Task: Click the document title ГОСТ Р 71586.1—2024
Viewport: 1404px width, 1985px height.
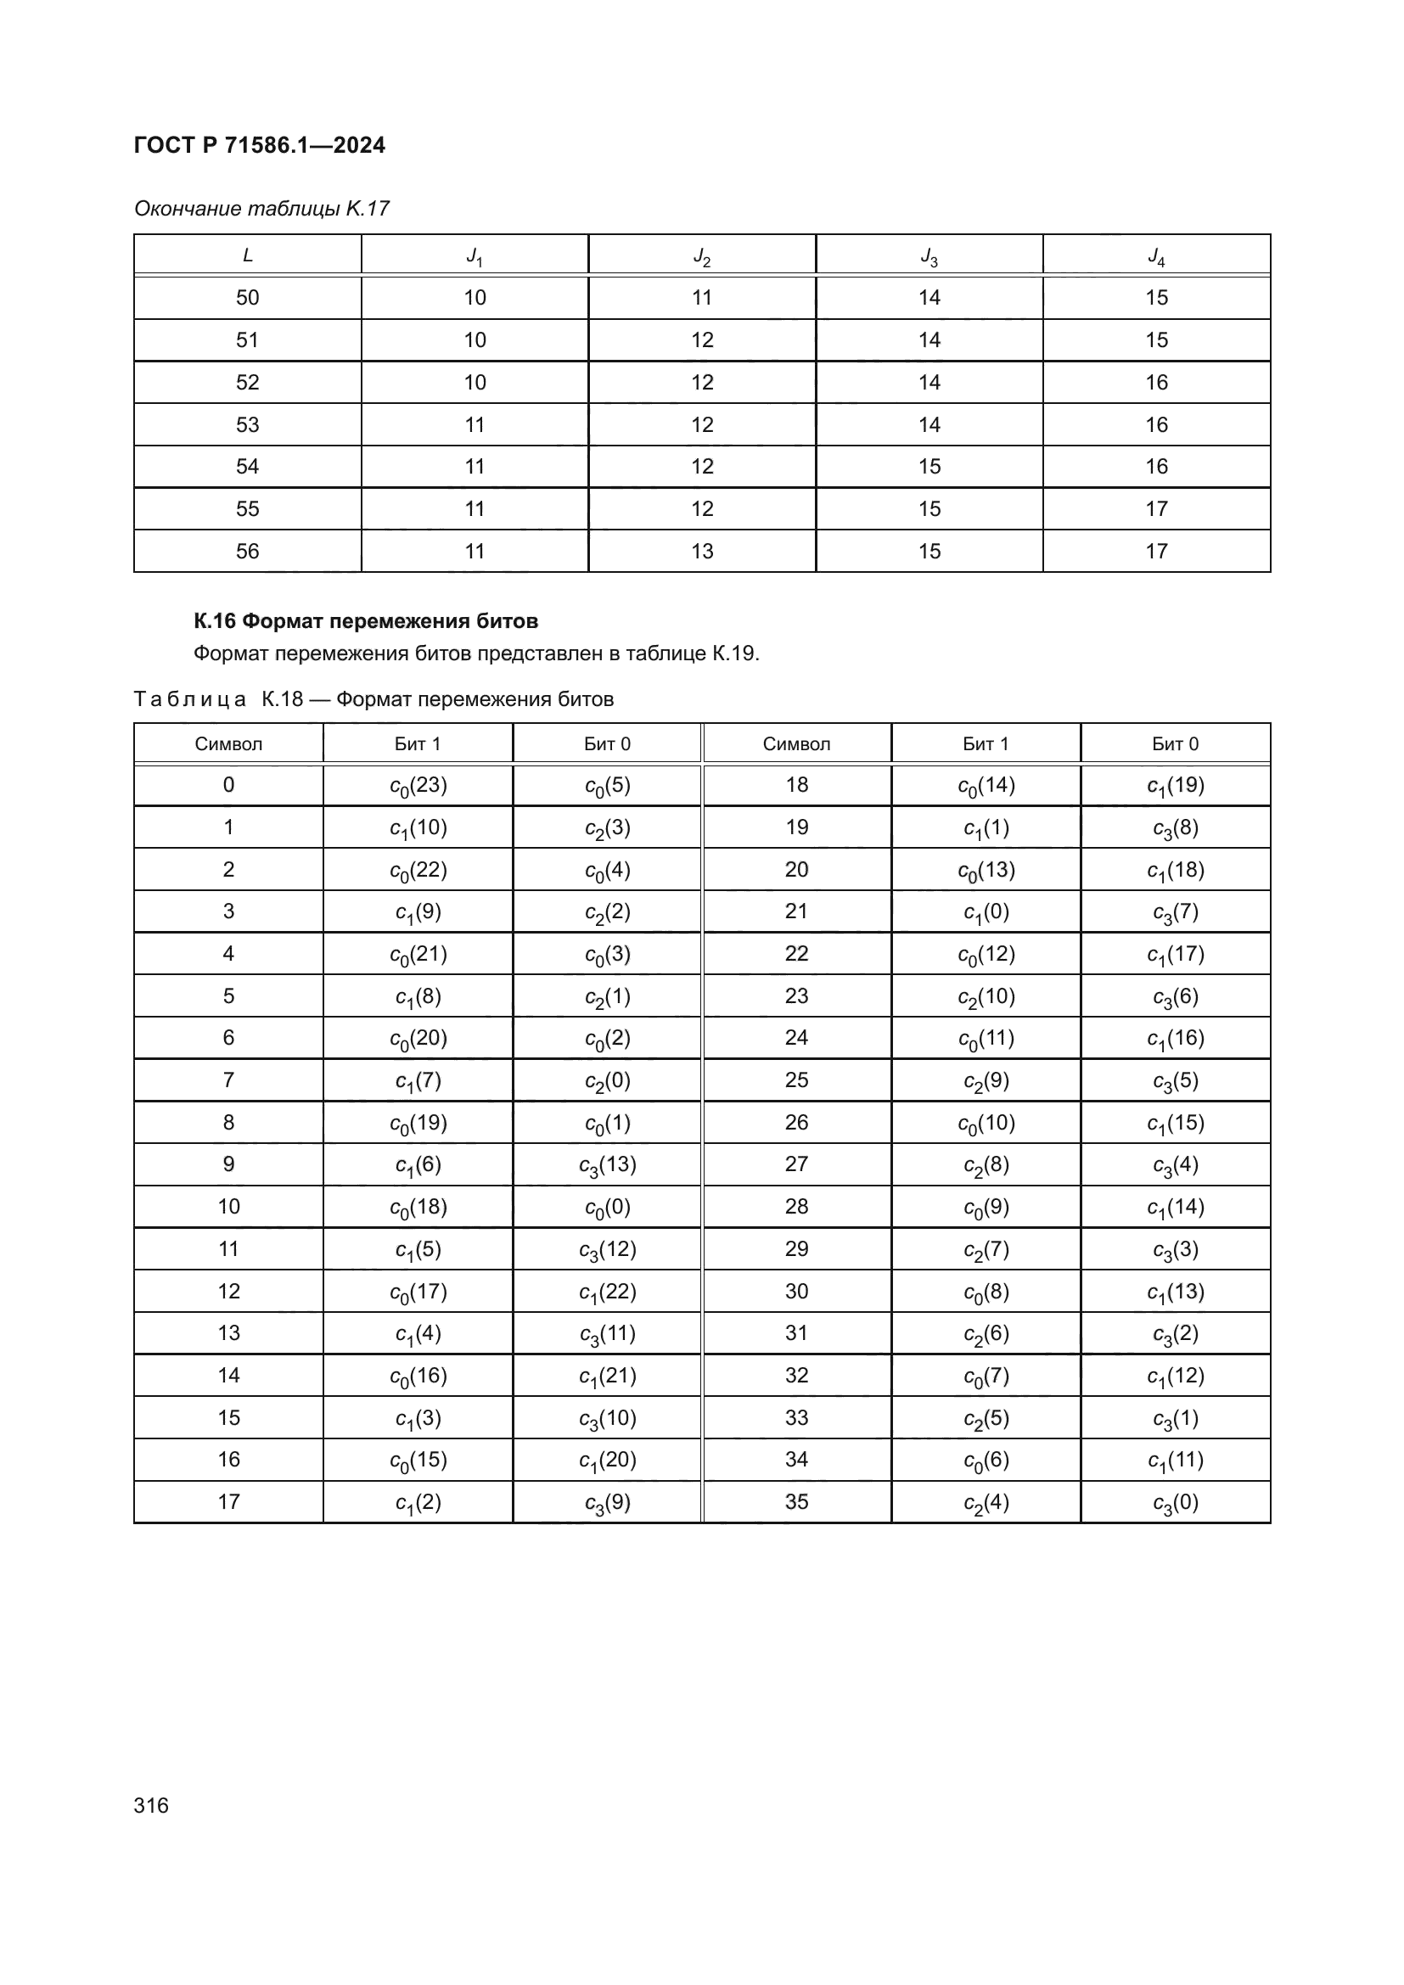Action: coord(260,145)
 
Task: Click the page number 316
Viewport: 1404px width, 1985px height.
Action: coord(151,1805)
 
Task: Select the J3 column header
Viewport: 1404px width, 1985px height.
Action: coord(929,256)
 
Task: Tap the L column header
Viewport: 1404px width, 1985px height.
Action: coord(247,255)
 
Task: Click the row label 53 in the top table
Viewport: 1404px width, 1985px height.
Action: coord(247,424)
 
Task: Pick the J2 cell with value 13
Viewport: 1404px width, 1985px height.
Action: coord(702,551)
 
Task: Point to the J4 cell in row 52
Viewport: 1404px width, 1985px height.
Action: coord(1156,382)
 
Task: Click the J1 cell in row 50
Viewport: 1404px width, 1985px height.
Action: coord(475,297)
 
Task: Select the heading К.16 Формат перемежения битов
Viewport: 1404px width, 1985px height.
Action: coord(366,620)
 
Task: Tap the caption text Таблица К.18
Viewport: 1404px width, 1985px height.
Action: coord(218,698)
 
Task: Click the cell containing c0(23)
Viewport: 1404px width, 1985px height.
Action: coord(418,786)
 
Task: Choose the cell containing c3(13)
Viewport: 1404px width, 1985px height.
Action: coord(607,1165)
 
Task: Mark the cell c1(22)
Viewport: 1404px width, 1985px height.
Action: coord(607,1292)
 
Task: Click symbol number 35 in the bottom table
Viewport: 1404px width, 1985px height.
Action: coord(796,1502)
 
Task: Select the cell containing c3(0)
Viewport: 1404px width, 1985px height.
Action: coord(1175,1503)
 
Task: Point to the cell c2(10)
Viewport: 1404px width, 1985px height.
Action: coord(986,997)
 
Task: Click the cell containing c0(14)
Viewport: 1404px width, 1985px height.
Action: coord(986,786)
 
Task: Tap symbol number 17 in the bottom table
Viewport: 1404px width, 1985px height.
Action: coord(228,1502)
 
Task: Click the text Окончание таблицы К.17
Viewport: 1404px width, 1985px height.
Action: coord(261,209)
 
